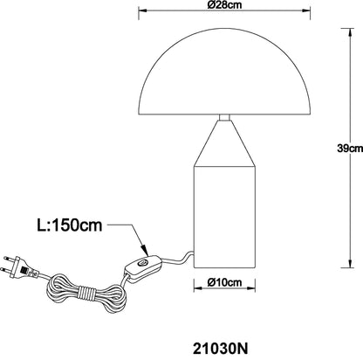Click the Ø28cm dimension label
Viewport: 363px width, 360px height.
click(x=224, y=4)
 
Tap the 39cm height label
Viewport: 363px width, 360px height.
click(x=350, y=149)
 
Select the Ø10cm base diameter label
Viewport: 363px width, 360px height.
click(x=224, y=282)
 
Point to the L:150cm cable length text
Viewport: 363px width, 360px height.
click(x=70, y=225)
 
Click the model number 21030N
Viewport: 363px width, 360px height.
click(x=221, y=349)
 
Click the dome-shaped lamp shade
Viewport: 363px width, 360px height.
click(x=224, y=72)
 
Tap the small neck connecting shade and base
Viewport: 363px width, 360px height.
click(x=224, y=117)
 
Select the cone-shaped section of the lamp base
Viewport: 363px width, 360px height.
click(x=224, y=143)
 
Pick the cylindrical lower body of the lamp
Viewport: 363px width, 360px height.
click(x=224, y=217)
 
